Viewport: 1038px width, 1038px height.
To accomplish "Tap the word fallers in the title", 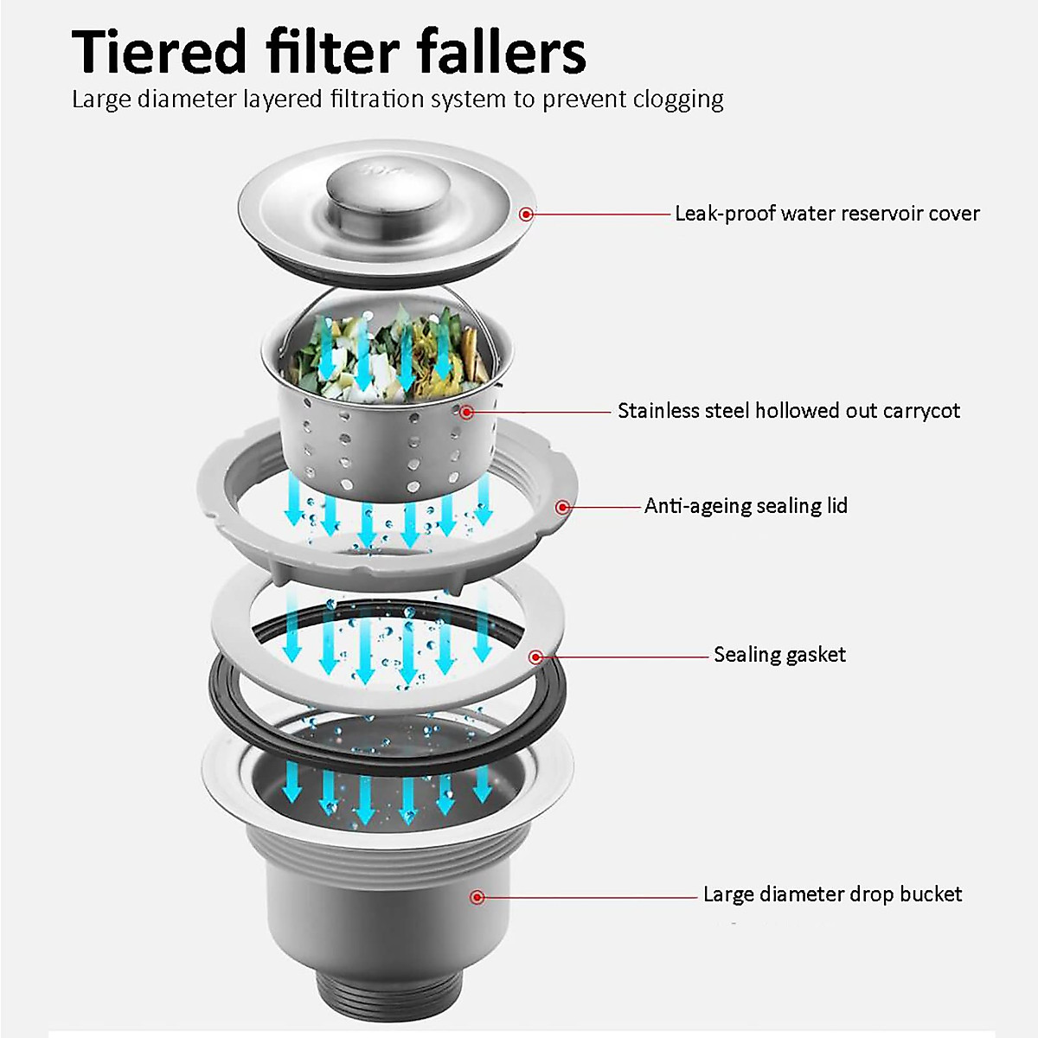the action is tap(501, 52).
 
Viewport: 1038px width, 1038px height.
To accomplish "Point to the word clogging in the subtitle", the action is tap(678, 100).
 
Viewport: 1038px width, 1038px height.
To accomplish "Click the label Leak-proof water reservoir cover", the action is tap(827, 214).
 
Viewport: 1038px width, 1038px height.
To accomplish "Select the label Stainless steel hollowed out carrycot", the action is tap(788, 411).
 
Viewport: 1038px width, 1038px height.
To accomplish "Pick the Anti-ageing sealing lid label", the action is tap(746, 506).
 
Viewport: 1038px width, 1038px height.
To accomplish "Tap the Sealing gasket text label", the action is tap(779, 655).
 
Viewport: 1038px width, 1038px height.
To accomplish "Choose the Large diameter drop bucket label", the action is tap(832, 894).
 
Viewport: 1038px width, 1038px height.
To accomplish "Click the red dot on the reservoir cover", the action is tap(526, 214).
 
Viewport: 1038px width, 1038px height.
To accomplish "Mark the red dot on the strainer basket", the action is tap(466, 412).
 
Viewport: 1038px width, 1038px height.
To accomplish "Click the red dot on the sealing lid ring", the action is tap(563, 507).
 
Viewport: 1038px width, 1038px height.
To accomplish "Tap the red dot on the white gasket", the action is tap(536, 657).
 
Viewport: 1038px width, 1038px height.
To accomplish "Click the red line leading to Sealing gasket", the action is tap(623, 657).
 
